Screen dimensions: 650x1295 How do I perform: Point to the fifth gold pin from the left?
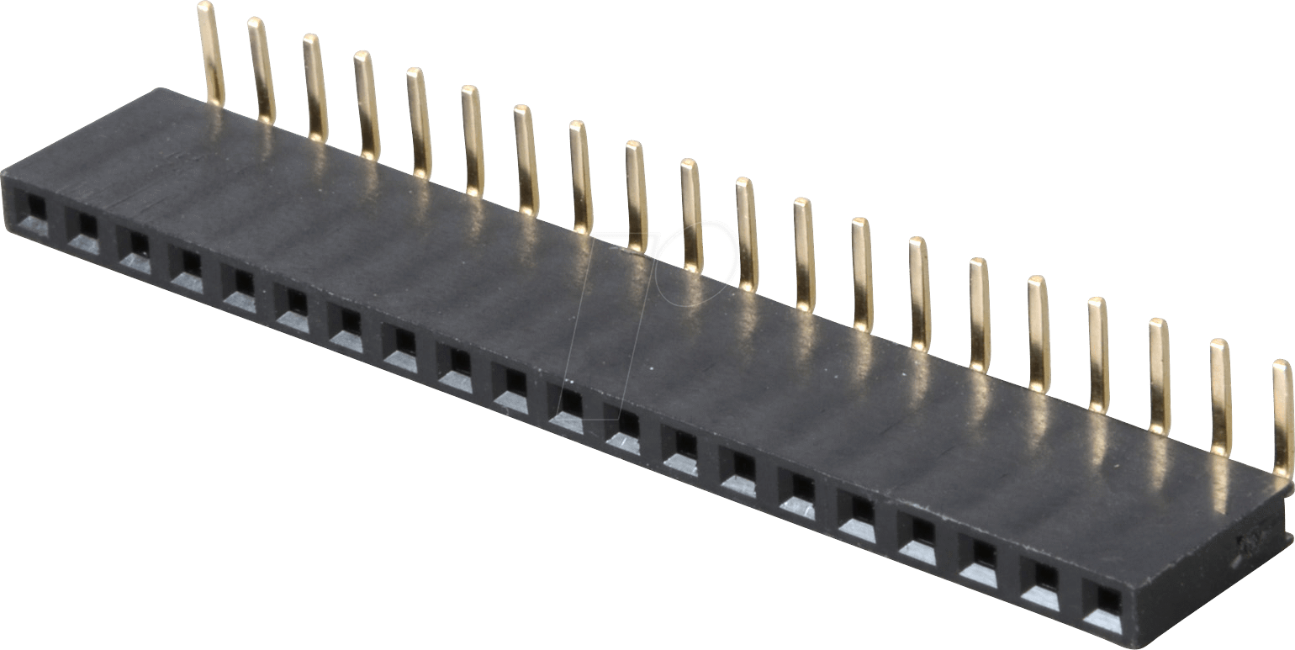point(419,123)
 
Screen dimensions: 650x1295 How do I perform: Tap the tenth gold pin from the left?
point(690,215)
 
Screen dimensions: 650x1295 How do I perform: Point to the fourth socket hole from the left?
point(189,262)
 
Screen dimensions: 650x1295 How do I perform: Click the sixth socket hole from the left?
point(295,301)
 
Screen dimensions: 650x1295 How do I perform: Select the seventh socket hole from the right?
point(740,464)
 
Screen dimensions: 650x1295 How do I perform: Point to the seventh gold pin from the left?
point(526,159)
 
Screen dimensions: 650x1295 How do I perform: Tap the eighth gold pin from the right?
point(862,273)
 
